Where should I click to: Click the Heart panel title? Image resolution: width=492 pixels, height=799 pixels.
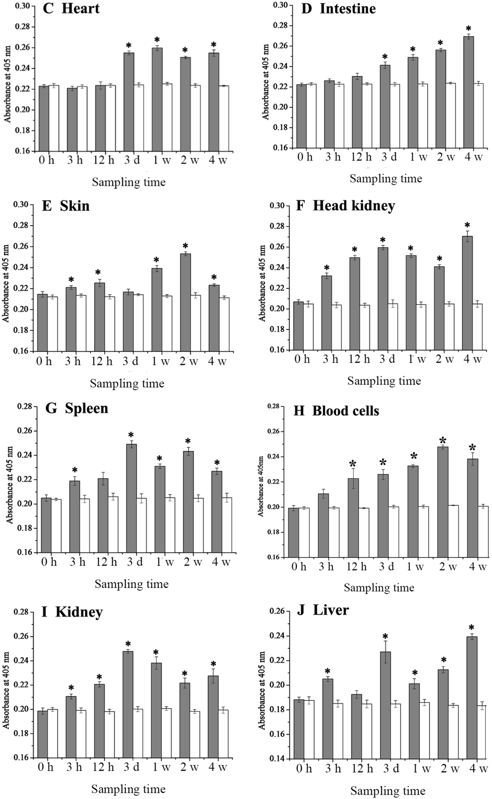(72, 9)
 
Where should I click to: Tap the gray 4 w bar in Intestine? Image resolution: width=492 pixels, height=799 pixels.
(469, 92)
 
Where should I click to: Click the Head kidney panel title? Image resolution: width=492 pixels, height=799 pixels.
(346, 206)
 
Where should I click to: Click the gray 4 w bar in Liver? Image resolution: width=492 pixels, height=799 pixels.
(472, 697)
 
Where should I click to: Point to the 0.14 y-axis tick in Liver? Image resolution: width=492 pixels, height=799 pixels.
(281, 759)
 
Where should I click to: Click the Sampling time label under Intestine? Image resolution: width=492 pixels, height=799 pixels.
(386, 178)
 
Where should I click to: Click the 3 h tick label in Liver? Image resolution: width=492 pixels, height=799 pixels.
(332, 768)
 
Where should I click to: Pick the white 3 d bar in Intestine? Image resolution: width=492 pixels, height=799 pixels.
(396, 116)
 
